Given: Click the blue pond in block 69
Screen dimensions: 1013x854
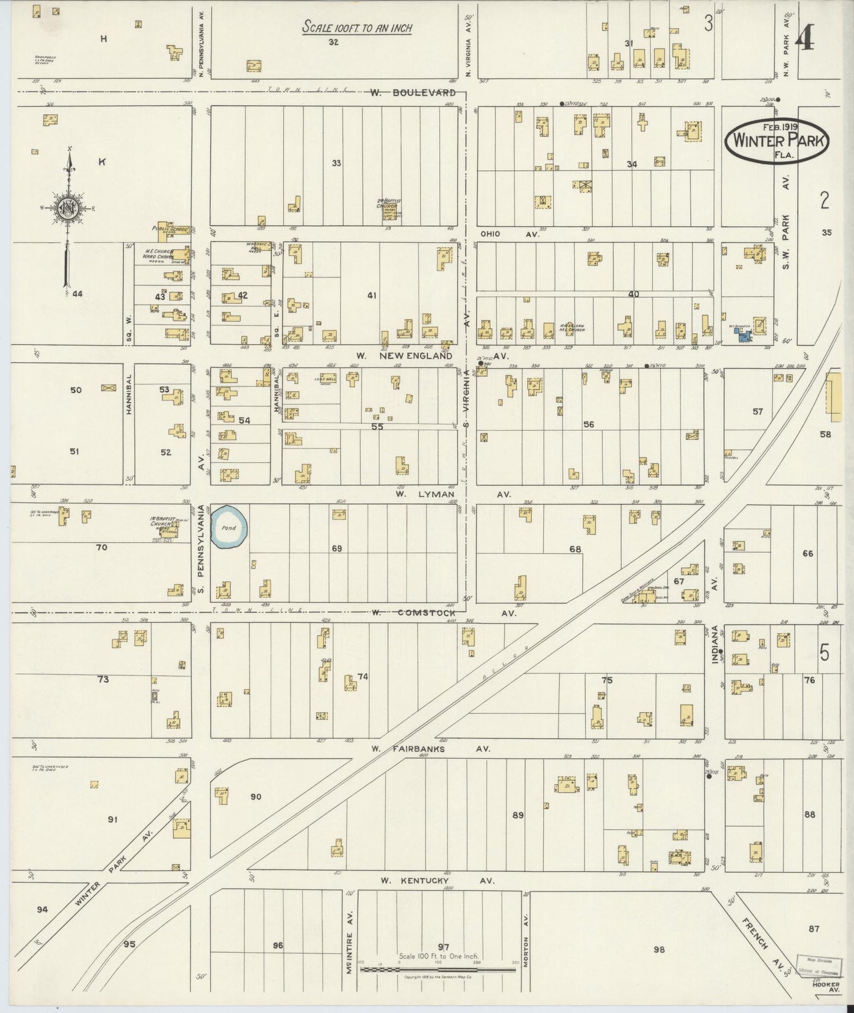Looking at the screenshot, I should (x=228, y=527).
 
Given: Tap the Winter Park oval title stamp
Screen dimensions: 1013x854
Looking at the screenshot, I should (x=777, y=141).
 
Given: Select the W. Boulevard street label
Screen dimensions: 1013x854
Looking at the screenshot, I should (x=413, y=93).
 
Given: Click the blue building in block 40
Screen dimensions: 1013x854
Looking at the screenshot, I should (x=742, y=335).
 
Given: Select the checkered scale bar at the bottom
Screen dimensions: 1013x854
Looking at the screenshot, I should (x=437, y=969).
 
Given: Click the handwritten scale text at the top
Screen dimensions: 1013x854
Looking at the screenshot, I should (x=356, y=27).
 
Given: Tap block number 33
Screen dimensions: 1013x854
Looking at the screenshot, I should (x=336, y=163).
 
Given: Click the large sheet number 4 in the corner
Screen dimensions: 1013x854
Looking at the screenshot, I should (x=804, y=39).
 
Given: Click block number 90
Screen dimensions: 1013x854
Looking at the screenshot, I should (x=255, y=797).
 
